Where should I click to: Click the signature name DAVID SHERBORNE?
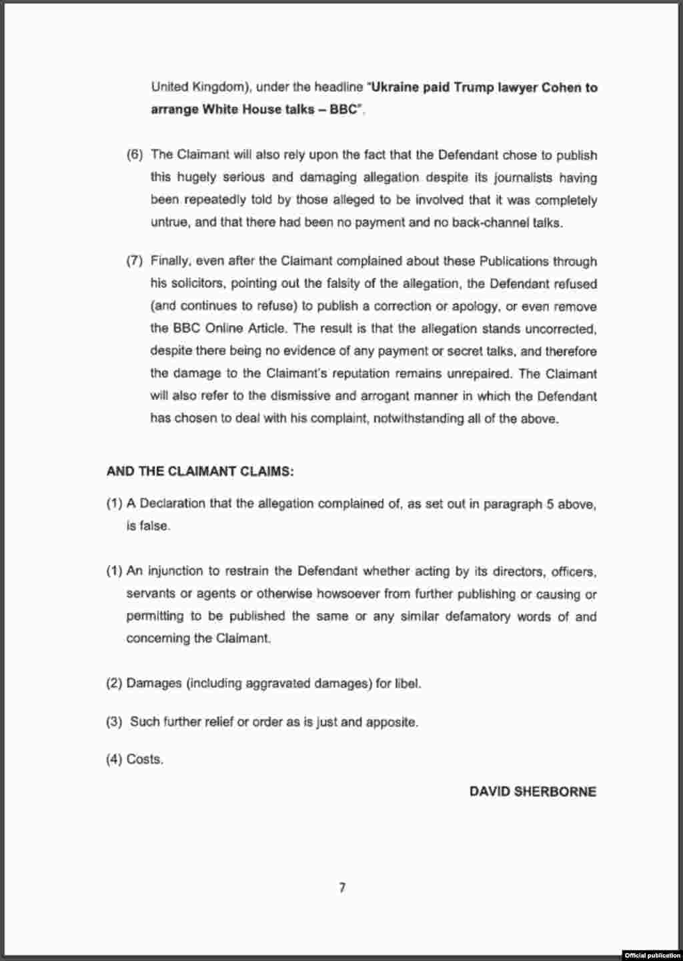(532, 792)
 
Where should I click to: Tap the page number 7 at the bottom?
(342, 888)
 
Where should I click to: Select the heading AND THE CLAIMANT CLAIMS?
(200, 471)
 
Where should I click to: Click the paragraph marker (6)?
(135, 155)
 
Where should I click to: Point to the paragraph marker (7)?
(135, 261)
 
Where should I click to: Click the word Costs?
(145, 759)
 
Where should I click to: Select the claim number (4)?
(114, 759)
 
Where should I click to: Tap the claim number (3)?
(114, 722)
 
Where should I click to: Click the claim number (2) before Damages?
(114, 683)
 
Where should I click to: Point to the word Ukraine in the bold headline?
(395, 87)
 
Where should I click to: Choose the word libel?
(408, 683)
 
